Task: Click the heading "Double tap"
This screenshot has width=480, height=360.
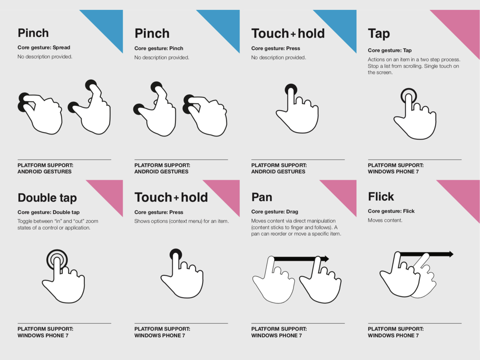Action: pos(47,198)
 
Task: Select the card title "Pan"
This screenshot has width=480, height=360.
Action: pos(262,197)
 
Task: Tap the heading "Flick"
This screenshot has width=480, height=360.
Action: pos(381,196)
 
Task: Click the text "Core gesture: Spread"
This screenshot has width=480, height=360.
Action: pos(44,47)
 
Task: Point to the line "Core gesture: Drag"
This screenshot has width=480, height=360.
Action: pos(275,211)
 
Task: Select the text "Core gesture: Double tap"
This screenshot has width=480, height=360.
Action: pos(48,212)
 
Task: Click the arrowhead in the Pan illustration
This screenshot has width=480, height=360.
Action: pos(326,259)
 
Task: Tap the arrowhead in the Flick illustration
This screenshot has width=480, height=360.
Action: pos(450,254)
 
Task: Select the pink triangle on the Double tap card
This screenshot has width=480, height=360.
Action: pos(111,192)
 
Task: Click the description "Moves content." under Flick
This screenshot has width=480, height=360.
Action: pos(385,220)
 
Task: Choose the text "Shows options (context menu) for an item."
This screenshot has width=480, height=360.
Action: pos(181,221)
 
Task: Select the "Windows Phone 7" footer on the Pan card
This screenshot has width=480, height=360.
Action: pos(277,336)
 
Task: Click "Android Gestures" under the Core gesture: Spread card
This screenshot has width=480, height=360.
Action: pos(45,172)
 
